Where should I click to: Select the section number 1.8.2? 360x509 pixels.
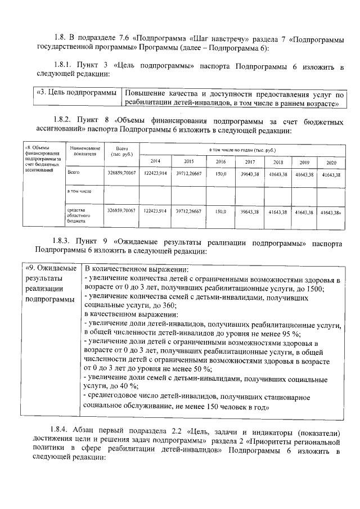point(65,120)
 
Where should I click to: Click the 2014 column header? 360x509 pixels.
point(155,161)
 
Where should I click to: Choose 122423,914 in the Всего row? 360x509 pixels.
point(155,174)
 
